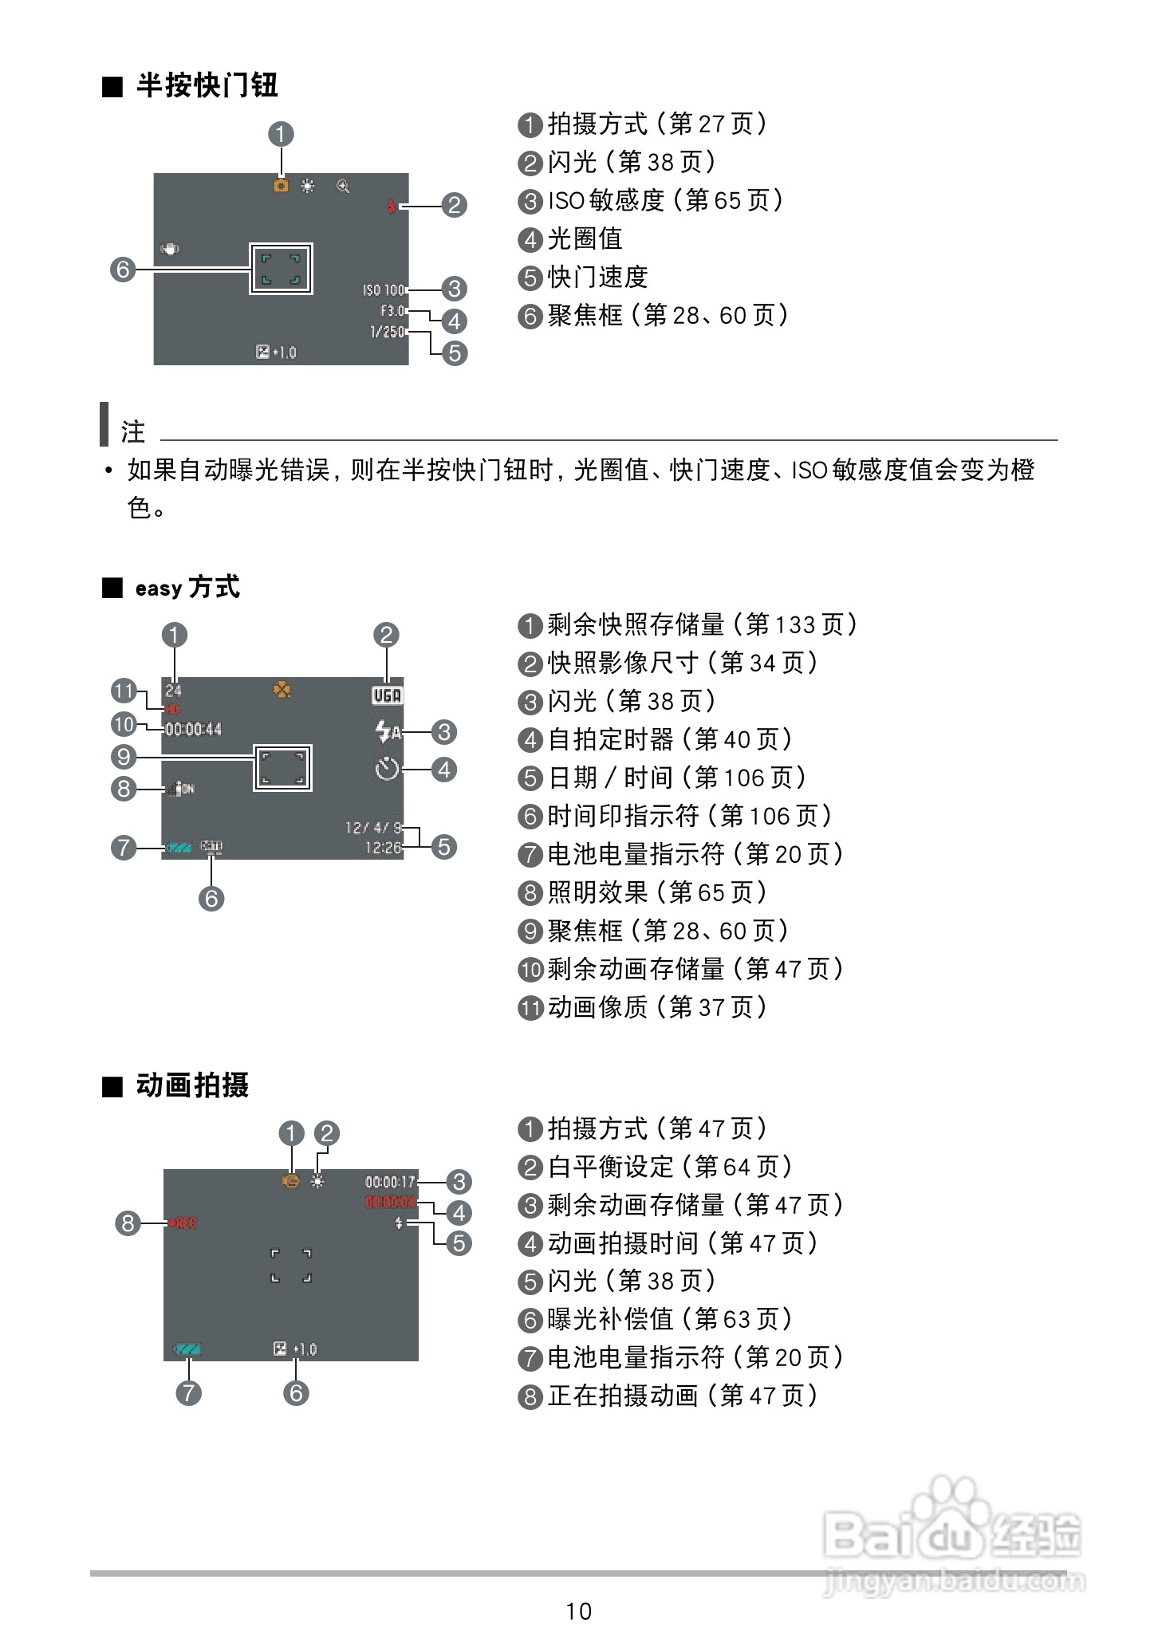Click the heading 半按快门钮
pos(206,85)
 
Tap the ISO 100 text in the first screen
pos(384,290)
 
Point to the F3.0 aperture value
pos(392,311)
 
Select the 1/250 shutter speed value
pos(388,332)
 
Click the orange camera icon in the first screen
pos(281,186)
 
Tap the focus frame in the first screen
pos(281,269)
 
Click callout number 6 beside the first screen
pos(123,270)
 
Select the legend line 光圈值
pos(584,238)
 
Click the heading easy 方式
pos(187,588)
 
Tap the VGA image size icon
pos(388,695)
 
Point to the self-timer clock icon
pos(387,770)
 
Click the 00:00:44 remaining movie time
pos(193,729)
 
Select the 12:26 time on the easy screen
pos(384,848)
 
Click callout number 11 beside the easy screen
pos(124,691)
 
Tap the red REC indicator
pos(183,1223)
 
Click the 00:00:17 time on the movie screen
pos(391,1182)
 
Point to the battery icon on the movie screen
pos(188,1349)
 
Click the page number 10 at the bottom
pos(579,1611)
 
